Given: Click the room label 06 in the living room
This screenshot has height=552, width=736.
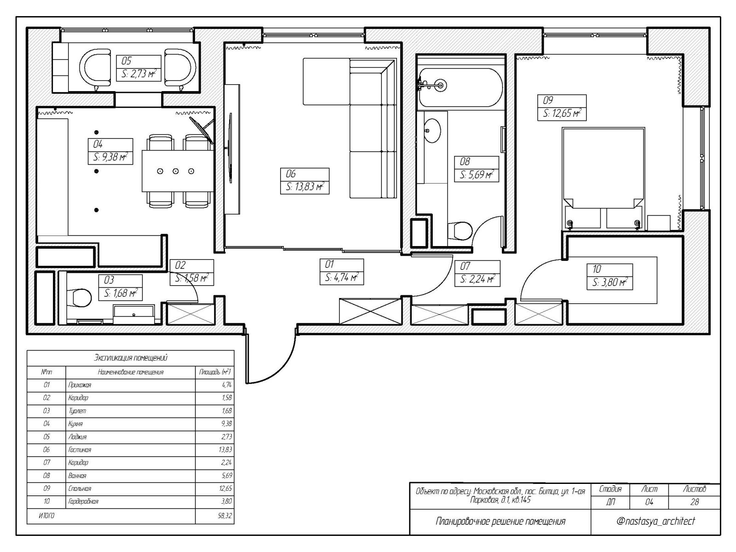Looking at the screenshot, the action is click(x=291, y=174).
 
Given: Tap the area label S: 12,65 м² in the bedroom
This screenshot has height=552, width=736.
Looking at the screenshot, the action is click(x=562, y=113).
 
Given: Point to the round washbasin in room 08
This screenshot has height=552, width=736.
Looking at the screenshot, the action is click(x=432, y=131).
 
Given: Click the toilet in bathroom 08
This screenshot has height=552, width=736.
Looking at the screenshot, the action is click(x=460, y=230).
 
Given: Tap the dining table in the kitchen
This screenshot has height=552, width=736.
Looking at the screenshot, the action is click(x=178, y=171).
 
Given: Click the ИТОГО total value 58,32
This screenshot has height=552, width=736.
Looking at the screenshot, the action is click(x=224, y=516).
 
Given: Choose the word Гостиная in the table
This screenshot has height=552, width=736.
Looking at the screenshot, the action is click(x=80, y=450).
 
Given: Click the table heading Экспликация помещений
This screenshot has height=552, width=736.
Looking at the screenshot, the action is click(x=131, y=357).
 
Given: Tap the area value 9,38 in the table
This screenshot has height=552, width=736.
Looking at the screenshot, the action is click(x=227, y=424).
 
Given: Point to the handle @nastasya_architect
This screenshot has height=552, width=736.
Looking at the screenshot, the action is click(x=655, y=521).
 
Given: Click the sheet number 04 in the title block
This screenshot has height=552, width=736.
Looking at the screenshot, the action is click(x=649, y=502).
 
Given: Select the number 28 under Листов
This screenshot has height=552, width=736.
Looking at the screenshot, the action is click(x=695, y=502).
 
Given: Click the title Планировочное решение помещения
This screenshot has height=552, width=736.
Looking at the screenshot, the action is click(x=500, y=522).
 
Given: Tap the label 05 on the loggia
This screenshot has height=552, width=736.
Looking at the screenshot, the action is click(x=126, y=61).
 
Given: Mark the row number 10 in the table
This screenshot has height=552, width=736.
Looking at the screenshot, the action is click(x=46, y=501).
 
